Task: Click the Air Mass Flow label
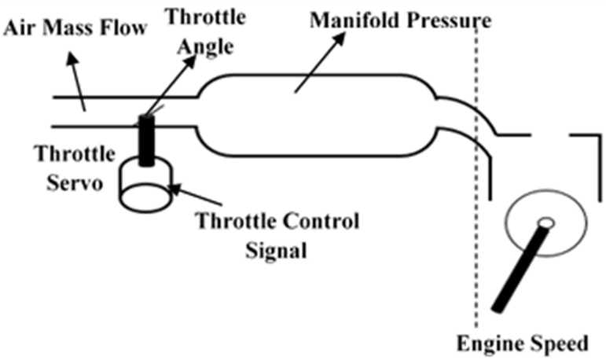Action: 75,28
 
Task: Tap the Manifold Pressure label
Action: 400,20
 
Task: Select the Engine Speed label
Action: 523,343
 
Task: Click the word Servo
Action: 75,182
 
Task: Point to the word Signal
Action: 277,250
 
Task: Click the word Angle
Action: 205,48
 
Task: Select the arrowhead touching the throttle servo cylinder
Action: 174,189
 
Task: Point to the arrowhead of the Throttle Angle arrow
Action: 190,61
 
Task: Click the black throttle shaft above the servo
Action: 146,141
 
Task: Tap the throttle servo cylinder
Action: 145,185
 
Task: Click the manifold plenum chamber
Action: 318,115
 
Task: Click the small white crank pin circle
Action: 546,223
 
